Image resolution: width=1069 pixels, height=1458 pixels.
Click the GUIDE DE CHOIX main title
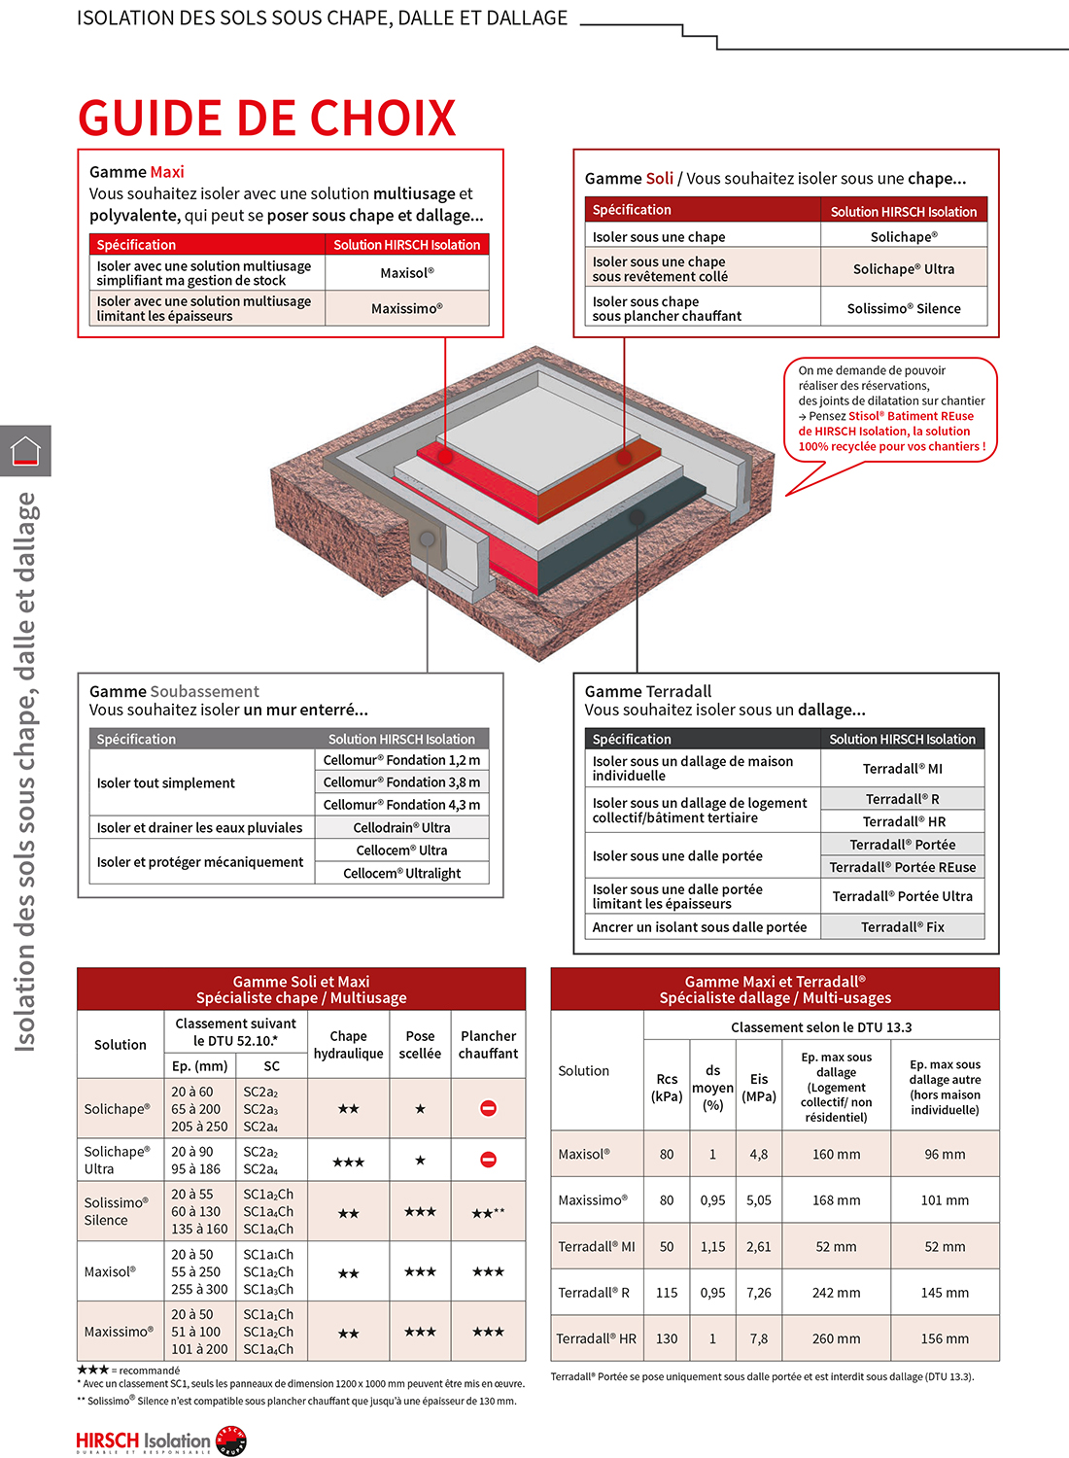tap(266, 119)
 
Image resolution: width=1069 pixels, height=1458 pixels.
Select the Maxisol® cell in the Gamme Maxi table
tap(406, 273)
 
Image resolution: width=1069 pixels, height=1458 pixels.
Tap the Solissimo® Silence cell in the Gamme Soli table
tap(903, 308)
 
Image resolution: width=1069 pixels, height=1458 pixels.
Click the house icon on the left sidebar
tap(25, 451)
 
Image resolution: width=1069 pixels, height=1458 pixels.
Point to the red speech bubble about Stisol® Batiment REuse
tap(890, 409)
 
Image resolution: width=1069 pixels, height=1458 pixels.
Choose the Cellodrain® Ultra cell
tap(401, 828)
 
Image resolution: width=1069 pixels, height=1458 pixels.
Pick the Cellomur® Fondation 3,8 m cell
tap(401, 782)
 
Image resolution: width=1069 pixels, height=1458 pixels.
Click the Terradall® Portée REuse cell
tap(902, 867)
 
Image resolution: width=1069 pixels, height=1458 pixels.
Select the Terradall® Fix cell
tap(902, 927)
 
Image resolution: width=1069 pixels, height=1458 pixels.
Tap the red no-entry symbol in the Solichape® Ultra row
tap(488, 1160)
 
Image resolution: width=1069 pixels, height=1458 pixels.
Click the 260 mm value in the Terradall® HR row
tap(836, 1338)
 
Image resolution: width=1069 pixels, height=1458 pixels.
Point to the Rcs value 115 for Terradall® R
tap(667, 1293)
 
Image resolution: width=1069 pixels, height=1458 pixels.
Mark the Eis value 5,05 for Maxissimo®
tap(759, 1200)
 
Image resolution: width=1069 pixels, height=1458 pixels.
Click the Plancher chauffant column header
tap(488, 1045)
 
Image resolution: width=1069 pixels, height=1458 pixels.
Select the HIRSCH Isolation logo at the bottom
tap(161, 1441)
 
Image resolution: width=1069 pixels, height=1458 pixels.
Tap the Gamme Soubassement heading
tap(175, 691)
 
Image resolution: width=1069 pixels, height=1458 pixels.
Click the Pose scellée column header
tap(420, 1045)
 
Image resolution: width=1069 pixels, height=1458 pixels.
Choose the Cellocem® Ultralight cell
tap(401, 873)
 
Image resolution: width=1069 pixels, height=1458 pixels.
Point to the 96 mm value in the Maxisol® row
tap(945, 1155)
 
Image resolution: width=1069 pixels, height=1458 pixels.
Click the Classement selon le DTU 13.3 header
tap(820, 1027)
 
